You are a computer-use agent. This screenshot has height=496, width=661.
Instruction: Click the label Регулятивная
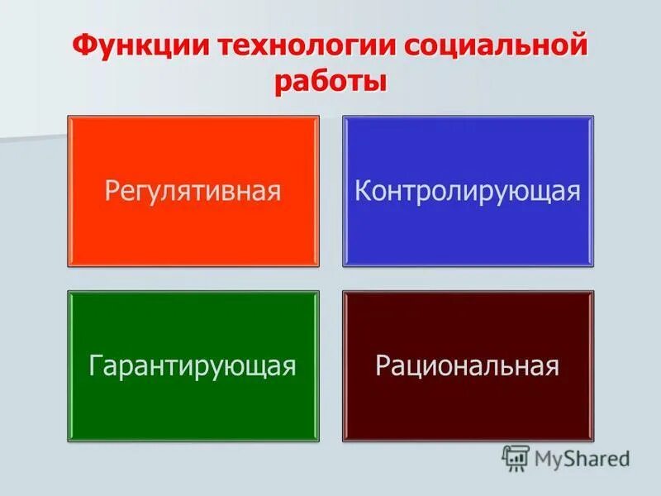[x=193, y=191]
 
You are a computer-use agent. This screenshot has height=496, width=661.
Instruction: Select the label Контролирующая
[x=468, y=191]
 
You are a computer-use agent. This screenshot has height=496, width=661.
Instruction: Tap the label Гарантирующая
[x=193, y=365]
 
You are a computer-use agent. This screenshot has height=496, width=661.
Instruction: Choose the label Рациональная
[x=468, y=365]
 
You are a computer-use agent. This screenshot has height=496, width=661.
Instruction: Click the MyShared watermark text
[x=583, y=457]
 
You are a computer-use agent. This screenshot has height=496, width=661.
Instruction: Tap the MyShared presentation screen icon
[x=516, y=457]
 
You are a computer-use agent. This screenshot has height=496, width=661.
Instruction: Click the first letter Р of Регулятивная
[x=112, y=191]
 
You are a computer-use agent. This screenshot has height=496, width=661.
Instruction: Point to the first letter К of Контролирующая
[x=362, y=191]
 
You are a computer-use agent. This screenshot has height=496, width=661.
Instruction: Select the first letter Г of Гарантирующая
[x=95, y=365]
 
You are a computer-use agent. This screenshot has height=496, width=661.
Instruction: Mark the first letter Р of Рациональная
[x=383, y=365]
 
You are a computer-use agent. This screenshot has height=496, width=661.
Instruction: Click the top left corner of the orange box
[x=69, y=117]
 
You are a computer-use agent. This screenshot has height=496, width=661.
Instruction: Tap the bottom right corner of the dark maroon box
[x=592, y=439]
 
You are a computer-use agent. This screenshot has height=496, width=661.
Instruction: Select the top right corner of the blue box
[x=592, y=117]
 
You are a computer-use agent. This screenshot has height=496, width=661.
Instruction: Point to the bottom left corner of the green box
[x=69, y=439]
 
